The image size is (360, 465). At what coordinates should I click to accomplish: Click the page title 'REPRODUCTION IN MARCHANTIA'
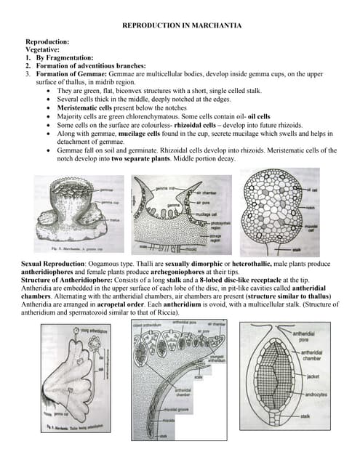181,25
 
